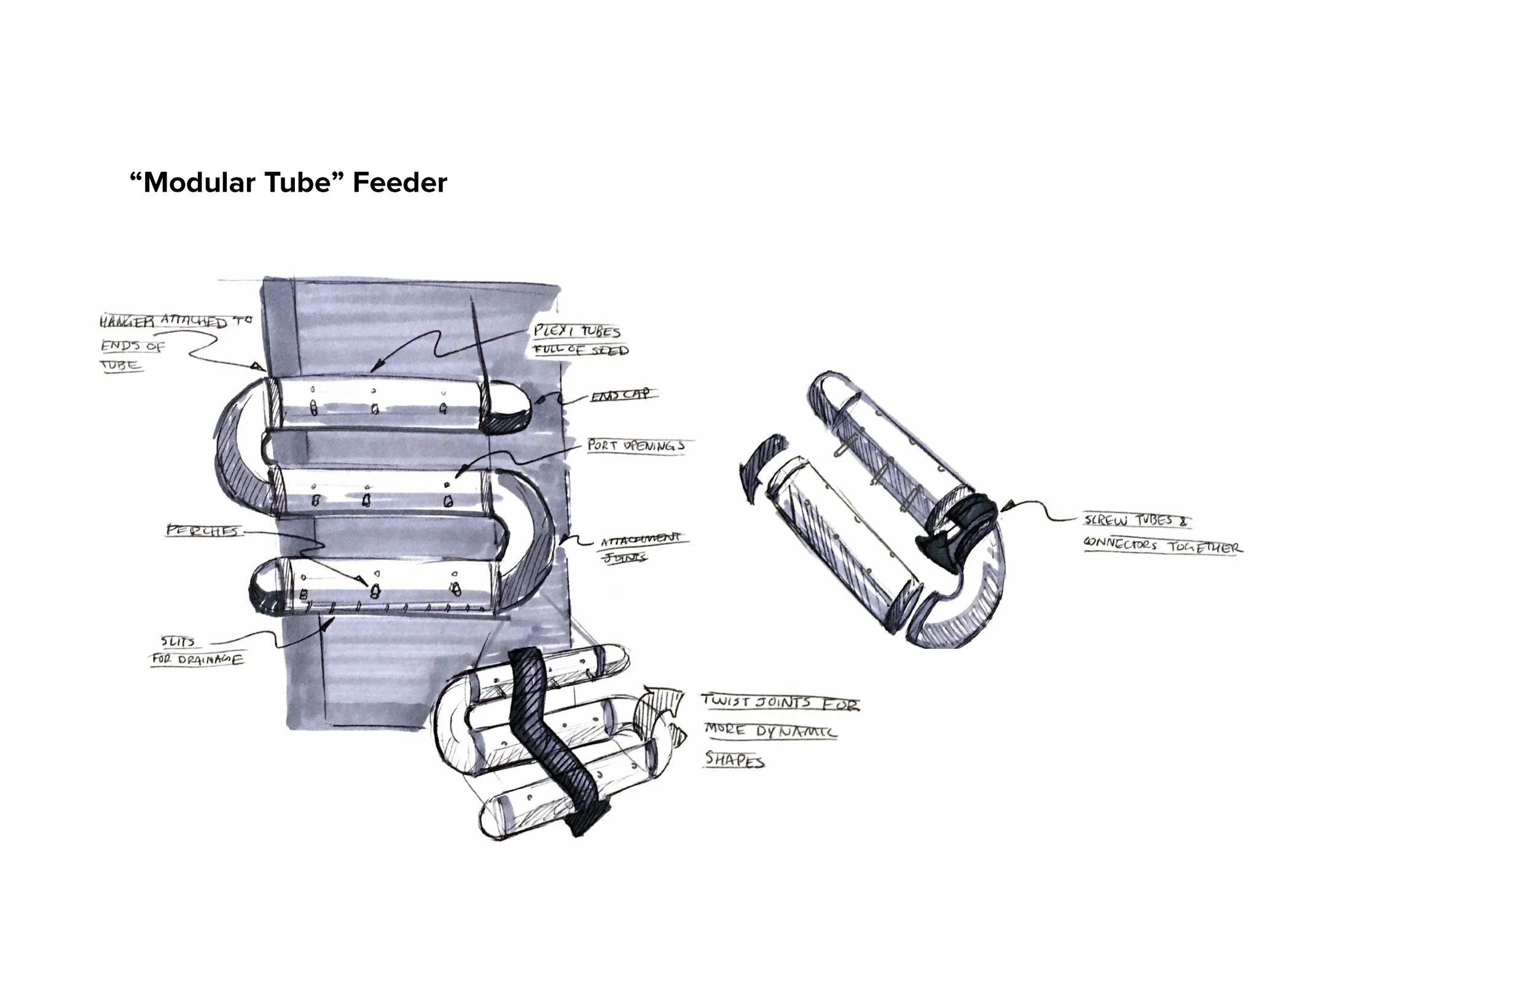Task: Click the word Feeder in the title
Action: (x=399, y=182)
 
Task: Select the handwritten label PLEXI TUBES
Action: (x=577, y=331)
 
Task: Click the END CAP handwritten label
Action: (x=620, y=395)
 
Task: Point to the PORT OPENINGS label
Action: (x=636, y=445)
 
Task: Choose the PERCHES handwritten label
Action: (x=202, y=531)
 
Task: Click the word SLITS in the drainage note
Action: (x=178, y=641)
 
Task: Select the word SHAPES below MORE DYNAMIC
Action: (x=734, y=760)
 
